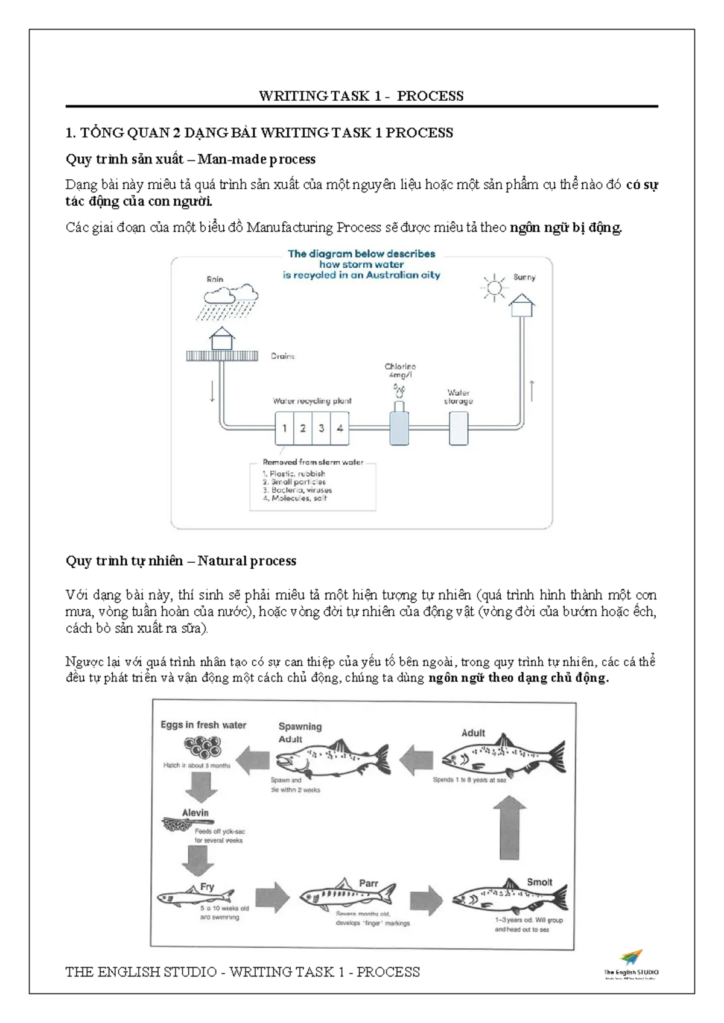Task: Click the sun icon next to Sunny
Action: [x=494, y=288]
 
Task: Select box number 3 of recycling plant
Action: [x=321, y=428]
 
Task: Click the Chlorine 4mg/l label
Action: [x=400, y=370]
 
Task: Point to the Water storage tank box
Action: [x=459, y=428]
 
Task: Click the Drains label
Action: [x=282, y=356]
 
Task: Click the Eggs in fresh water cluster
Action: [x=203, y=749]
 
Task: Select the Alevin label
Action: [x=195, y=812]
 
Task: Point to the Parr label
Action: [x=368, y=883]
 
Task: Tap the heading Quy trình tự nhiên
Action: [x=124, y=561]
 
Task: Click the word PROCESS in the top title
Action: [x=430, y=96]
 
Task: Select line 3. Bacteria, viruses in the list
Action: [x=297, y=490]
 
